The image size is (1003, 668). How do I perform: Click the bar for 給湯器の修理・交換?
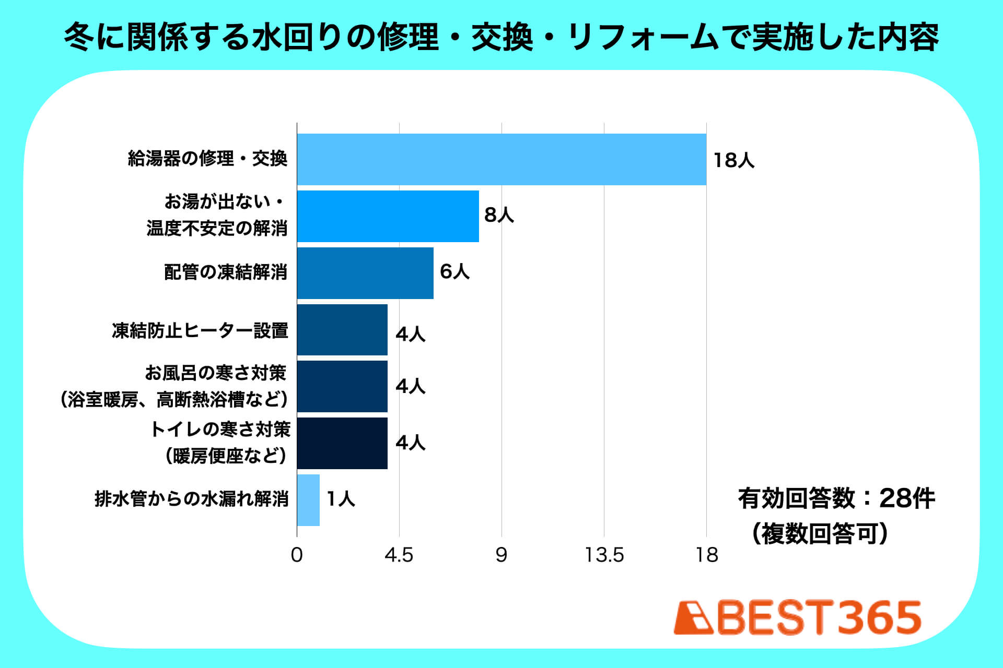click(x=501, y=159)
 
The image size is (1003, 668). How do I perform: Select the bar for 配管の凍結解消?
click(x=365, y=273)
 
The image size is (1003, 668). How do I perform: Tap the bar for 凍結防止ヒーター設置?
click(x=342, y=330)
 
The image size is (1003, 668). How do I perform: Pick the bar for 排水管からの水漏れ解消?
click(x=308, y=500)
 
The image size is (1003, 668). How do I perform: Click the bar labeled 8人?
click(x=388, y=216)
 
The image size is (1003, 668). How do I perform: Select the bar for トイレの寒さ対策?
click(x=342, y=443)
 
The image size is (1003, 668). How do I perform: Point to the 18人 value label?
click(x=734, y=160)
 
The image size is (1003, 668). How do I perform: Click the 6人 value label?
click(x=454, y=271)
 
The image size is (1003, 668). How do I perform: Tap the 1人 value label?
click(x=341, y=499)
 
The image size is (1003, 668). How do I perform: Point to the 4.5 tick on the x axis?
click(x=399, y=555)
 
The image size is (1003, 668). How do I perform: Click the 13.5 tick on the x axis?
click(x=604, y=555)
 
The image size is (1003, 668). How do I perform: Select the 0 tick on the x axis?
click(x=297, y=555)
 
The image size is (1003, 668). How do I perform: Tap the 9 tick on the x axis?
click(x=501, y=555)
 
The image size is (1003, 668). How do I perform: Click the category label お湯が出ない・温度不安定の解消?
click(x=217, y=215)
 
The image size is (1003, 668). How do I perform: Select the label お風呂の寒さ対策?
click(x=215, y=373)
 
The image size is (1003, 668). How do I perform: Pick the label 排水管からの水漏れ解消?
click(x=192, y=499)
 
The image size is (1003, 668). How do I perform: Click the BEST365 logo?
click(x=798, y=618)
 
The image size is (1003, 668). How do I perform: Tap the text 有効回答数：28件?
click(x=836, y=498)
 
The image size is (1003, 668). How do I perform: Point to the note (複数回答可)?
click(x=820, y=534)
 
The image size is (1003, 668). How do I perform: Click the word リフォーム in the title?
click(x=643, y=38)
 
